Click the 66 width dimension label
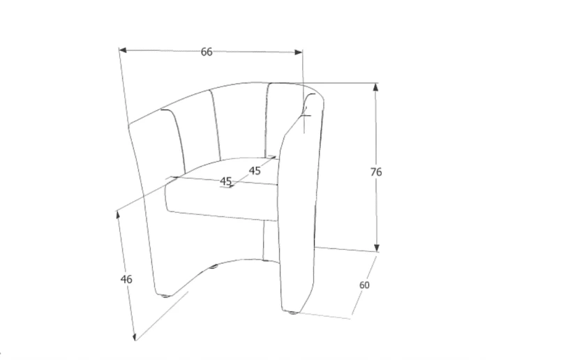pyautogui.click(x=207, y=52)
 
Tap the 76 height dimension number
pyautogui.click(x=376, y=172)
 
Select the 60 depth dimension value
pyautogui.click(x=364, y=285)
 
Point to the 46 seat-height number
pyautogui.click(x=126, y=279)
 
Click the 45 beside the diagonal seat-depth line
pyautogui.click(x=255, y=171)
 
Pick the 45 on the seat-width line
pyautogui.click(x=225, y=181)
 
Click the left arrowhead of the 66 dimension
pyautogui.click(x=123, y=50)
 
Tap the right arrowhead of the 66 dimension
pyautogui.click(x=299, y=52)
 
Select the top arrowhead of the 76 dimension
pyautogui.click(x=375, y=87)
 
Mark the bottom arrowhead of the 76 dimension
pyautogui.click(x=376, y=248)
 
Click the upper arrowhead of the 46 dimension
pyautogui.click(x=118, y=215)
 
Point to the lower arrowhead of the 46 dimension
pyautogui.click(x=135, y=336)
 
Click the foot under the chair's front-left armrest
pyautogui.click(x=165, y=296)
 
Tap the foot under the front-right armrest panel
pyautogui.click(x=293, y=313)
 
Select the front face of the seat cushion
pyautogui.click(x=221, y=200)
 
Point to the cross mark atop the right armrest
pyautogui.click(x=306, y=115)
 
